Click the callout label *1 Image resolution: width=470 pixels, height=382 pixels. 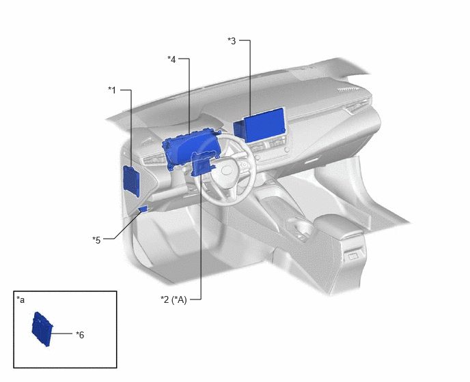[x=112, y=90]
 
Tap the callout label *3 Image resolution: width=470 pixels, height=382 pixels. [x=232, y=41]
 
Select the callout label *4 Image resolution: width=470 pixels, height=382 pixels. [x=171, y=59]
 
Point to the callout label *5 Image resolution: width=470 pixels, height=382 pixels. [x=96, y=240]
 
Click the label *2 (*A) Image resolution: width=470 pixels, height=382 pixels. [x=174, y=299]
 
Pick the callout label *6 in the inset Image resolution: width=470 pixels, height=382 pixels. [x=80, y=335]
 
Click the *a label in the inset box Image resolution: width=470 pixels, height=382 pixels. [x=20, y=299]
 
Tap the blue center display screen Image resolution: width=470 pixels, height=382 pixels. [x=260, y=125]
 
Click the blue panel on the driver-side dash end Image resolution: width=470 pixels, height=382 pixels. [x=131, y=181]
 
